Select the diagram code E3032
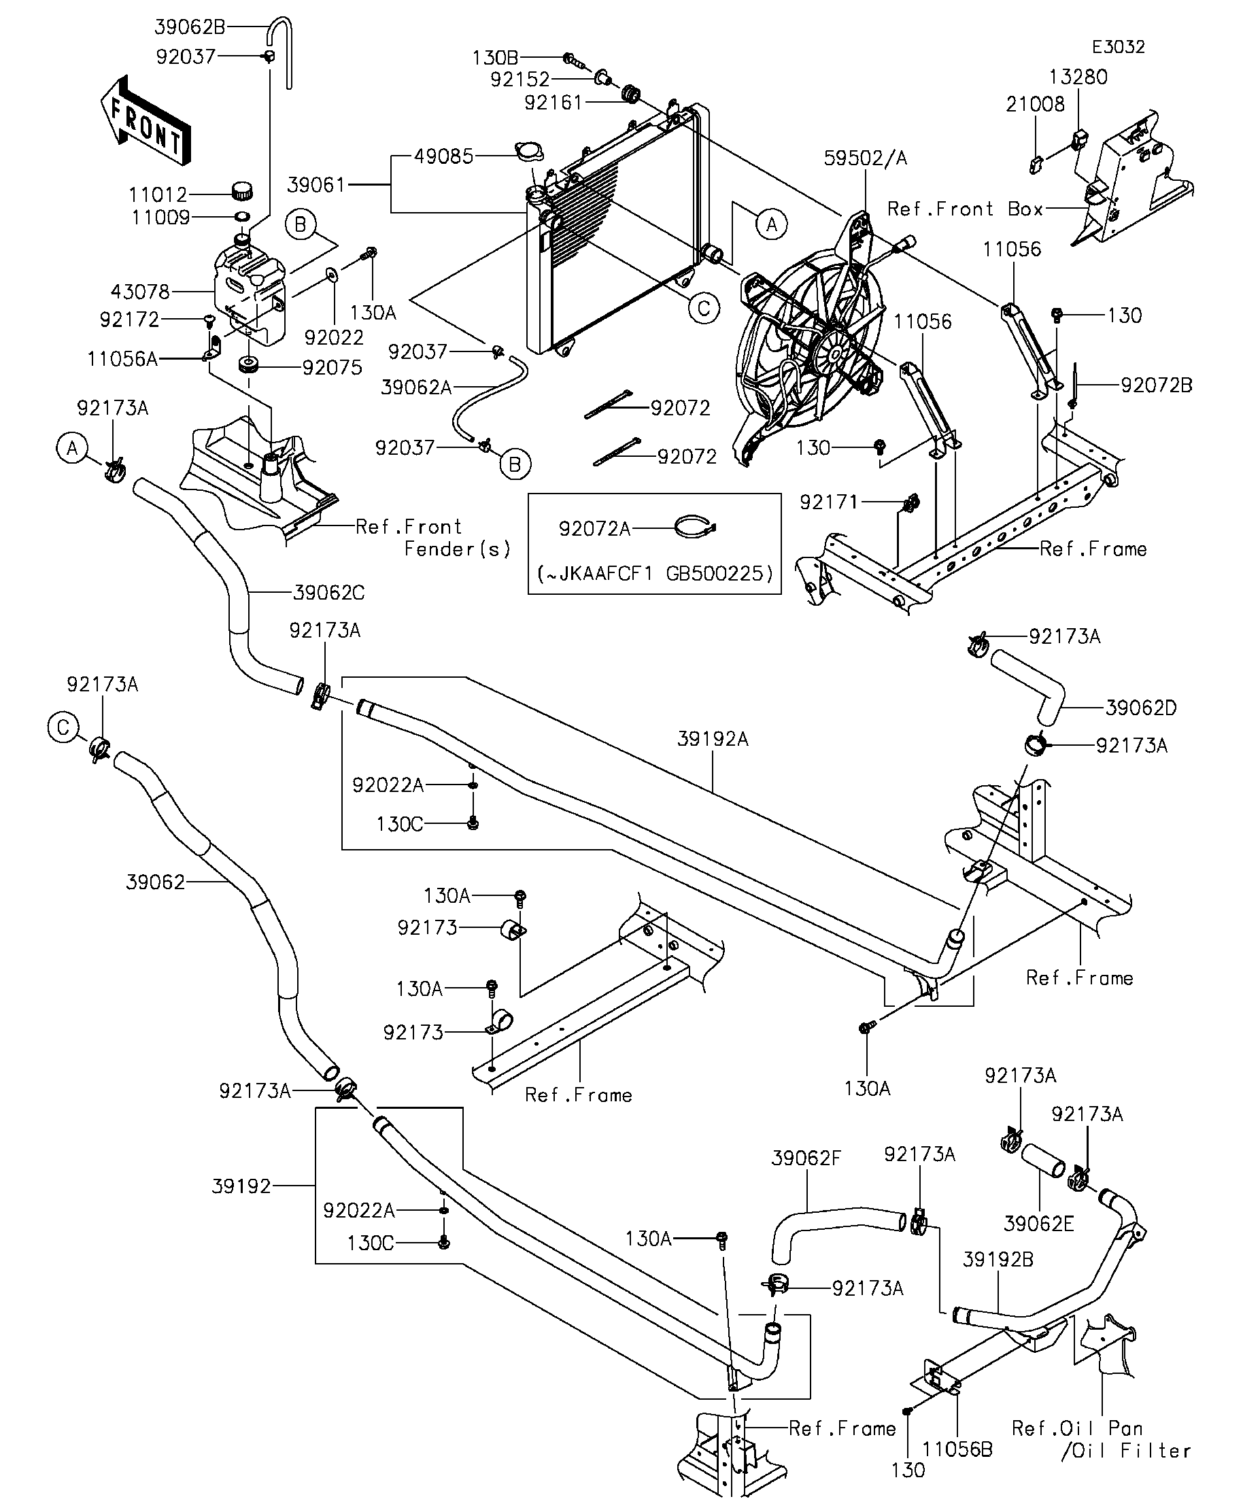tap(1118, 47)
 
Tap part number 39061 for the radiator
tap(316, 186)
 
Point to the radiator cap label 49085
tap(443, 157)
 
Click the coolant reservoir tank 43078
tap(250, 292)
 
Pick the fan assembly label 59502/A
tap(865, 158)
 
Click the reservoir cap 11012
tap(243, 190)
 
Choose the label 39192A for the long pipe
tap(713, 740)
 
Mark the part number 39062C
tap(328, 593)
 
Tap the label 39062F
tap(806, 1158)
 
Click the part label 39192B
tap(998, 1260)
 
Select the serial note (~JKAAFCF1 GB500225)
tap(654, 573)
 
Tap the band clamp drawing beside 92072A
tap(696, 528)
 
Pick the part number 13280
tap(1077, 77)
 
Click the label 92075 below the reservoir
tap(332, 368)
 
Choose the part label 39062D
tap(1140, 708)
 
